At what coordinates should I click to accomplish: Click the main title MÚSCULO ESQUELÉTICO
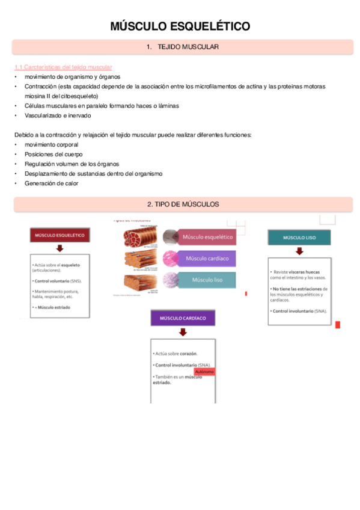180,26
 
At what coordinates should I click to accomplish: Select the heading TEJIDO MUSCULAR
183,47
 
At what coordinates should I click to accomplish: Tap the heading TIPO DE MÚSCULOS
183,204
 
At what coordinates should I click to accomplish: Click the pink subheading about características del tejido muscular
63,67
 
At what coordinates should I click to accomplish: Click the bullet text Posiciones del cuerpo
53,155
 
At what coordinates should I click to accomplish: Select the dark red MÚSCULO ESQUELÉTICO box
60,235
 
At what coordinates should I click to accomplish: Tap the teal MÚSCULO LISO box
299,238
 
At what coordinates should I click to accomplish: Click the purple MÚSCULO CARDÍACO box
182,318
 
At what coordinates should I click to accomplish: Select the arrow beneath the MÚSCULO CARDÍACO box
182,333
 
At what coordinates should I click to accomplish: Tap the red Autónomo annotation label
205,372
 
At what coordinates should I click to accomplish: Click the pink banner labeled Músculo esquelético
207,237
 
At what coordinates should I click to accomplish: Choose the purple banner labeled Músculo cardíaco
207,259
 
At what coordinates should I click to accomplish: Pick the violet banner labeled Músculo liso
207,280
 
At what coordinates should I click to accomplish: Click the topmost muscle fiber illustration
139,236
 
